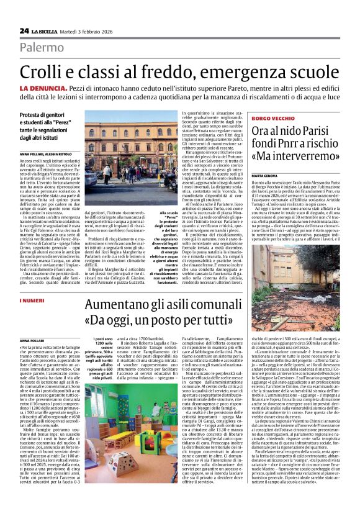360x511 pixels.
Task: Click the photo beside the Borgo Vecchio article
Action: pos(304,274)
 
